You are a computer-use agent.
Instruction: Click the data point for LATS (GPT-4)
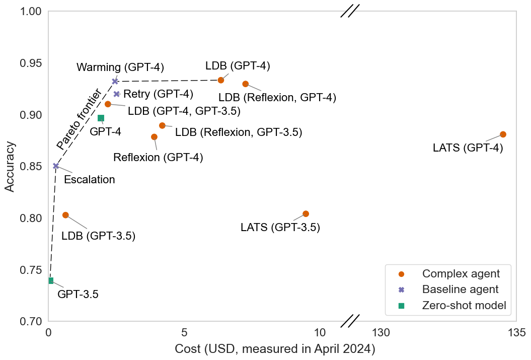(503, 134)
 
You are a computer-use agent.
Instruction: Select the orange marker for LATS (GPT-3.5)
(306, 213)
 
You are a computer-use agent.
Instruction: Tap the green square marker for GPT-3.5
(51, 280)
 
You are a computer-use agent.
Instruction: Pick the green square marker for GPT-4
(101, 118)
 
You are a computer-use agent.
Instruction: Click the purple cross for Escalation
(56, 166)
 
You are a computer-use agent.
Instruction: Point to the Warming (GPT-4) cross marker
(115, 81)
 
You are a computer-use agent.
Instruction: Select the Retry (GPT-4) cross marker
(117, 94)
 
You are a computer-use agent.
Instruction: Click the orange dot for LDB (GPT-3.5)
(66, 215)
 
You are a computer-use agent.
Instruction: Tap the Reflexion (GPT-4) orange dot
(154, 137)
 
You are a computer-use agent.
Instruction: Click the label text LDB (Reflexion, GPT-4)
(277, 98)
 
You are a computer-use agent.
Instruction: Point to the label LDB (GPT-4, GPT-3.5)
(184, 111)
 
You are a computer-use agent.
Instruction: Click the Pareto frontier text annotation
(79, 119)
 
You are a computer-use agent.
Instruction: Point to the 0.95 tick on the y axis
(31, 63)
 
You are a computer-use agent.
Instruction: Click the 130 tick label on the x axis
(382, 333)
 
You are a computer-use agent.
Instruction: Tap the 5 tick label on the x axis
(184, 333)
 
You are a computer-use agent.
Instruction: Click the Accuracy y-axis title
(10, 167)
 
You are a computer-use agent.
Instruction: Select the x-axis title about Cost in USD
(275, 349)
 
